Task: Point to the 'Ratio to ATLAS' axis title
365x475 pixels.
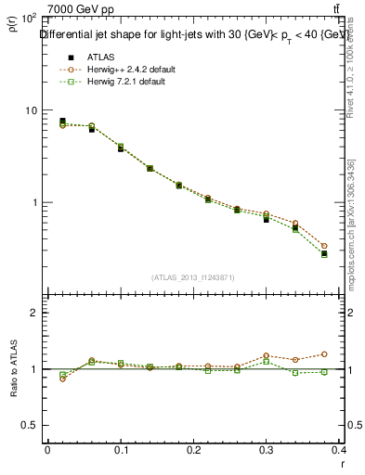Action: click(x=13, y=369)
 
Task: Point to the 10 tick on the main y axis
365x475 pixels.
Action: click(x=30, y=110)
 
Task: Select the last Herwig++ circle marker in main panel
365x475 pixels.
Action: click(x=324, y=247)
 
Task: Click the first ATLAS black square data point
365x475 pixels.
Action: click(x=62, y=121)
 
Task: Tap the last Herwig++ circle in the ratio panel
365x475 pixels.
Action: click(x=324, y=353)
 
